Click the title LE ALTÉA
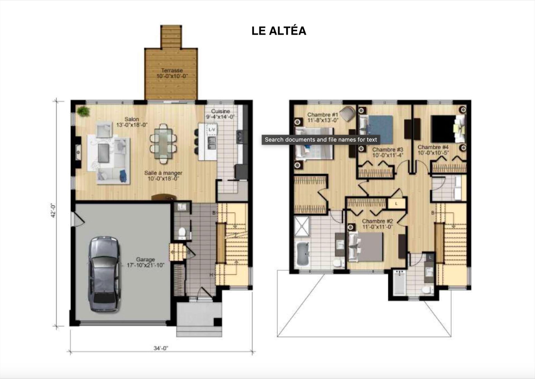tap(279, 31)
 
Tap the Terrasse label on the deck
tap(172, 71)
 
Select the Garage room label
tap(145, 259)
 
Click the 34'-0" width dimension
tap(161, 348)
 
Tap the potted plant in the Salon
tap(83, 111)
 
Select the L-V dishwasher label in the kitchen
tap(212, 129)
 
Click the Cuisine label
tap(220, 111)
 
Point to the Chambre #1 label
tap(323, 115)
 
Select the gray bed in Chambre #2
tap(365, 247)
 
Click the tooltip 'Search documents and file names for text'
tap(321, 140)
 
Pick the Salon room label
tap(132, 119)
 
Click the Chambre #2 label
tap(378, 221)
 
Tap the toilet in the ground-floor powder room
tap(182, 233)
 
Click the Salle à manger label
tap(163, 173)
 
